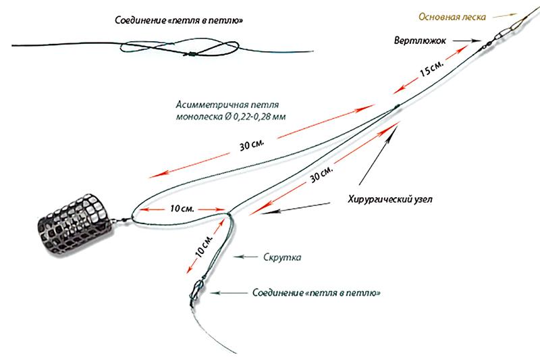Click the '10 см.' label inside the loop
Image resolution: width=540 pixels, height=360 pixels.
[182, 209]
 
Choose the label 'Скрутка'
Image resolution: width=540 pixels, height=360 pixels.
[281, 257]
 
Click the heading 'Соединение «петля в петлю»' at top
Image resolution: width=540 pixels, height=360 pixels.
[180, 21]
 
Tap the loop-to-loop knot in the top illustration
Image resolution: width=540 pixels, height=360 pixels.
[191, 53]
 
